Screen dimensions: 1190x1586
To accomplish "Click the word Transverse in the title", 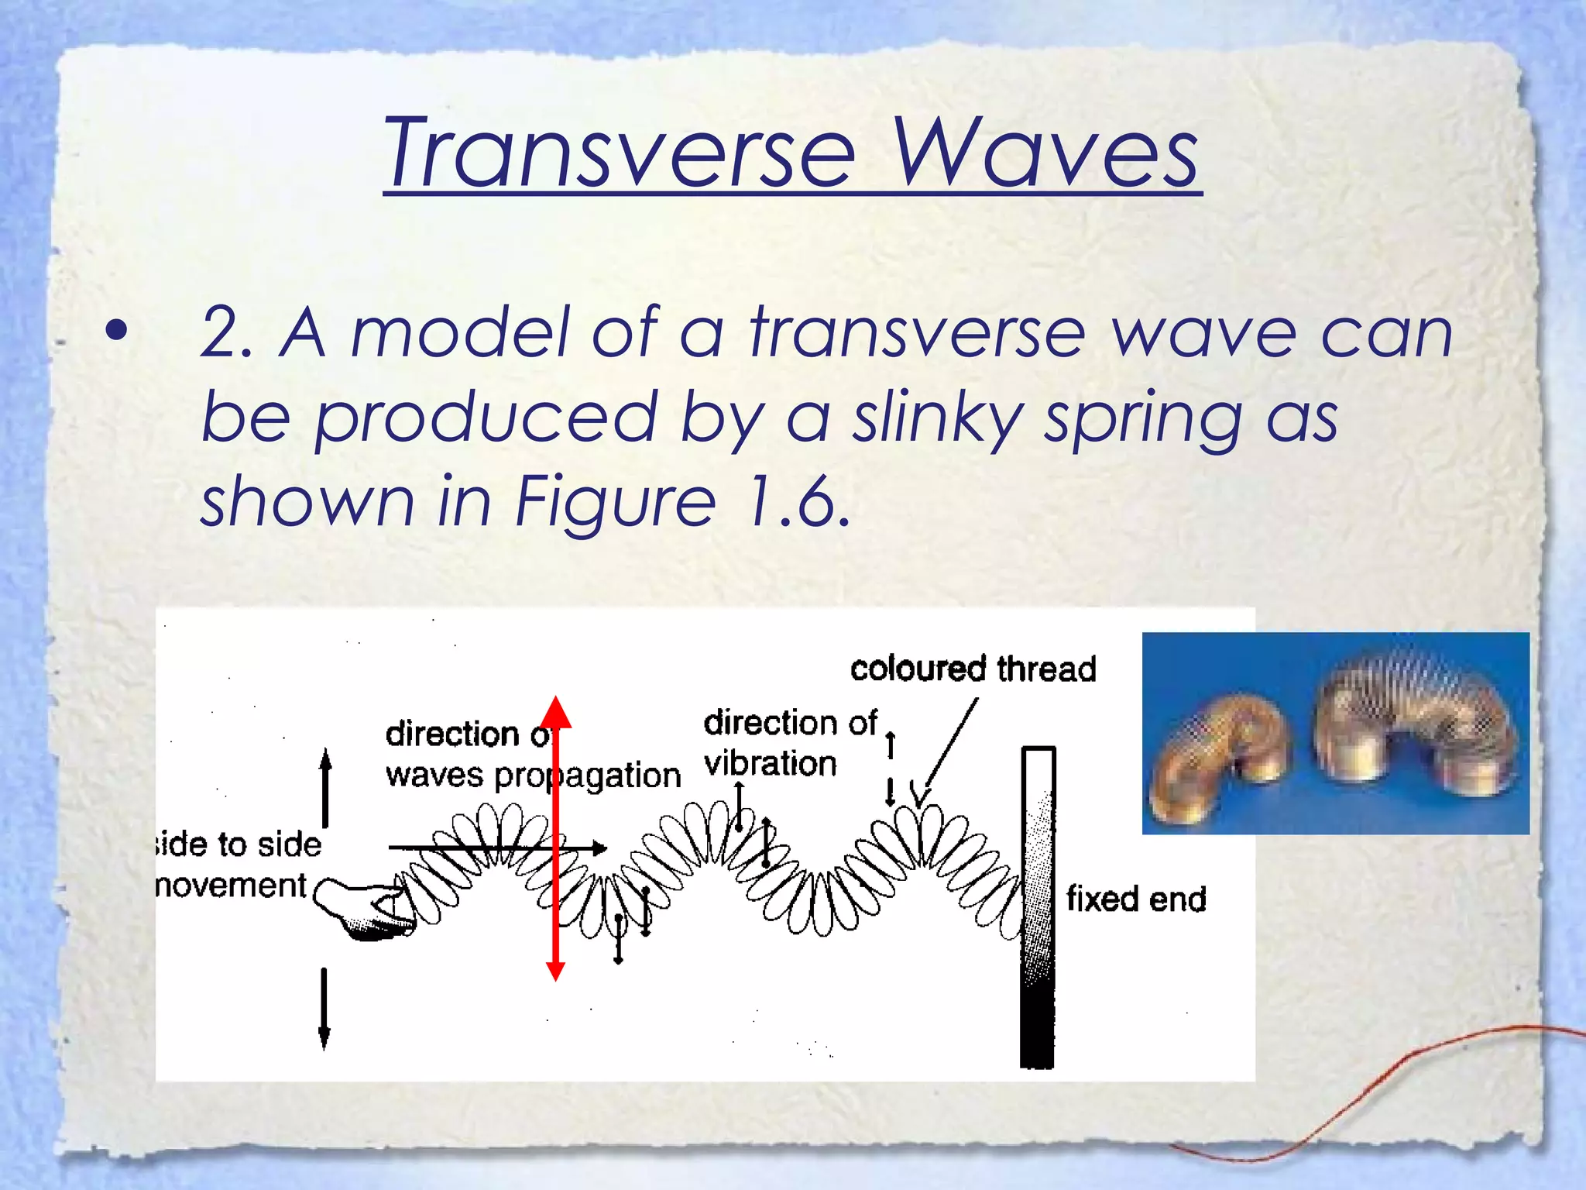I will (x=620, y=153).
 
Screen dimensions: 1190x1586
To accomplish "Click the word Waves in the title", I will (x=1045, y=153).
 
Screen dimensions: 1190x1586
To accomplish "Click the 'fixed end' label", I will (x=1136, y=899).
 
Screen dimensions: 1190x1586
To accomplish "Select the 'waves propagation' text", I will (x=533, y=776).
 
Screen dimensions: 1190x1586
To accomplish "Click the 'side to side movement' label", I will (x=236, y=865).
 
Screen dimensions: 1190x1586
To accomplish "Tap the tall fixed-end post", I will (x=1038, y=906).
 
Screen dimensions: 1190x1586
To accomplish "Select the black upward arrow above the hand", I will (x=325, y=786).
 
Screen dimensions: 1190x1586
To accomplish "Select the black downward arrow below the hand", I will (x=324, y=1007).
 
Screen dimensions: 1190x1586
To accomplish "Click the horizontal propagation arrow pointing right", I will (x=496, y=848).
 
